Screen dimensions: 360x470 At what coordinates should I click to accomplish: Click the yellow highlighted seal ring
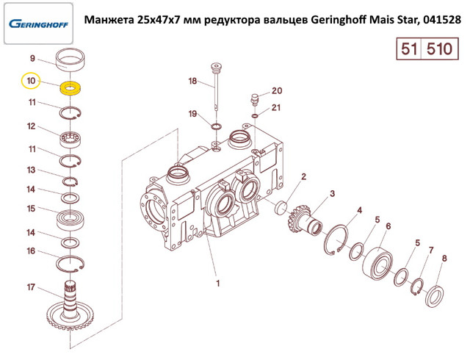pos(71,88)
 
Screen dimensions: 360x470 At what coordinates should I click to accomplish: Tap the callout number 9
pos(32,58)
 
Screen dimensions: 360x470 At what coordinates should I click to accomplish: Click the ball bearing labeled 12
pos(70,137)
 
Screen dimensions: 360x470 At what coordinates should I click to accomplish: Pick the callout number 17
pos(31,287)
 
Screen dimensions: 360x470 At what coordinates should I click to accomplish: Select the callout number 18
pos(193,81)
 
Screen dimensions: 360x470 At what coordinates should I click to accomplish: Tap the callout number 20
pos(276,91)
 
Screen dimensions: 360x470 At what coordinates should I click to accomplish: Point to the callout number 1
pos(217,281)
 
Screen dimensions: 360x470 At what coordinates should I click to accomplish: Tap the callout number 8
pos(444,258)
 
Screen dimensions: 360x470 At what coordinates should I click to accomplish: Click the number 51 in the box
pos(409,50)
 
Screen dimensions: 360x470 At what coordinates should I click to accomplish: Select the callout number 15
pos(31,209)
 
